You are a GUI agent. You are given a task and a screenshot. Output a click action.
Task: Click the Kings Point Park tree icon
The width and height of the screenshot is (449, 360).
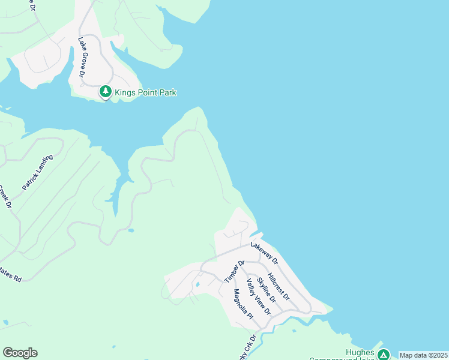click(106, 92)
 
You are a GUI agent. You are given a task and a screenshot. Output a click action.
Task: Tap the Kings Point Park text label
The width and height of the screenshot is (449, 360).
click(145, 92)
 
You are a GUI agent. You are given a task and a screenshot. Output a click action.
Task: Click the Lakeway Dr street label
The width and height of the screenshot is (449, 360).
click(265, 253)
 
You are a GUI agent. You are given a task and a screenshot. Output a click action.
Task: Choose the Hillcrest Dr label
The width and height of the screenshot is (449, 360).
click(279, 286)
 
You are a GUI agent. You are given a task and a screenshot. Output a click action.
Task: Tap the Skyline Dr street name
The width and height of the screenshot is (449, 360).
click(266, 290)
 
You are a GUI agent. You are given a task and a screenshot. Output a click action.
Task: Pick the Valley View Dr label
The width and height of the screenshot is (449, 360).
click(259, 297)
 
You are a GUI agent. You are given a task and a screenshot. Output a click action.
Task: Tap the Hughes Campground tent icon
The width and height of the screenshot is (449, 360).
click(383, 355)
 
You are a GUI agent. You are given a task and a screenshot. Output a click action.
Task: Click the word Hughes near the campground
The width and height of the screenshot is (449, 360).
click(360, 352)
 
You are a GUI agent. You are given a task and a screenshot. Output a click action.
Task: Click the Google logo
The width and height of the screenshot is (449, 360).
click(20, 353)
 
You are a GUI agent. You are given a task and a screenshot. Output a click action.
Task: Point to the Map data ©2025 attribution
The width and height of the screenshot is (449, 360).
click(423, 355)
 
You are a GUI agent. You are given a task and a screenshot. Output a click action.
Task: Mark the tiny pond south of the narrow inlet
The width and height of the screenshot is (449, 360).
click(130, 230)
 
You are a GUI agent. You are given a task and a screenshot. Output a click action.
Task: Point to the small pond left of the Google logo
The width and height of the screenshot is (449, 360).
click(5, 323)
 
